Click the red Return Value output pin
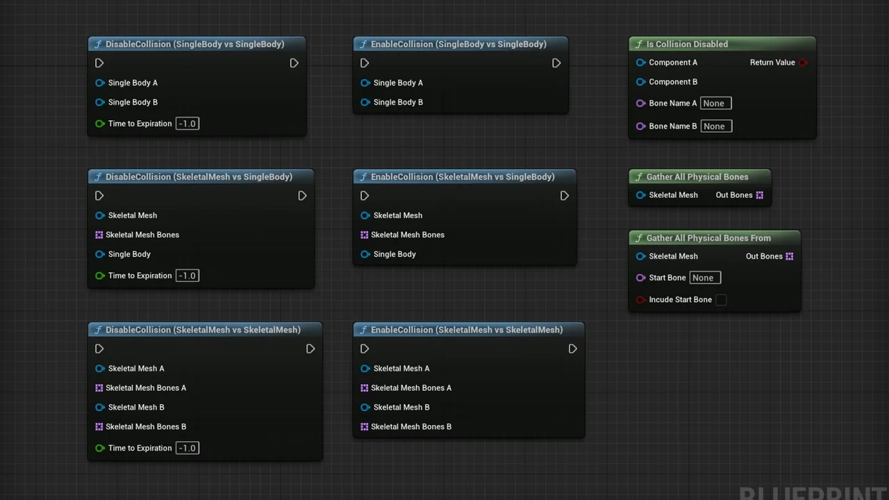click(x=803, y=62)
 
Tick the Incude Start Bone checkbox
click(x=721, y=300)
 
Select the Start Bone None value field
click(x=705, y=278)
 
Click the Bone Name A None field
click(x=715, y=103)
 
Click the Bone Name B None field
click(x=715, y=126)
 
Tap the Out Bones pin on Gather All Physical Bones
click(x=759, y=195)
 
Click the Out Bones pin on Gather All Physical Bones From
click(x=789, y=256)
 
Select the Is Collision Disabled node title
click(x=687, y=44)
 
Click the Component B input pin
click(x=641, y=82)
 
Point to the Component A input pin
click(x=641, y=62)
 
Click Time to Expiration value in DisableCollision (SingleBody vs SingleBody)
click(x=188, y=124)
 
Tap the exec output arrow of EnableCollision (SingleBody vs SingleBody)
click(x=556, y=63)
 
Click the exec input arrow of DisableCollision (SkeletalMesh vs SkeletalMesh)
click(x=99, y=349)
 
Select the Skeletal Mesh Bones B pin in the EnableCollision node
click(x=365, y=426)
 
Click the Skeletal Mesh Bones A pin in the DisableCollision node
click(x=99, y=388)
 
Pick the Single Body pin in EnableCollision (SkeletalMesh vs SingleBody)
click(x=365, y=254)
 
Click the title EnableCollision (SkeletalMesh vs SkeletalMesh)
click(x=466, y=330)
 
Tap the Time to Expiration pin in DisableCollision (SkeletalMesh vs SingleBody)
click(x=100, y=276)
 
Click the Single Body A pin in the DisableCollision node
click(x=100, y=83)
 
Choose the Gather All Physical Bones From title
click(x=708, y=238)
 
